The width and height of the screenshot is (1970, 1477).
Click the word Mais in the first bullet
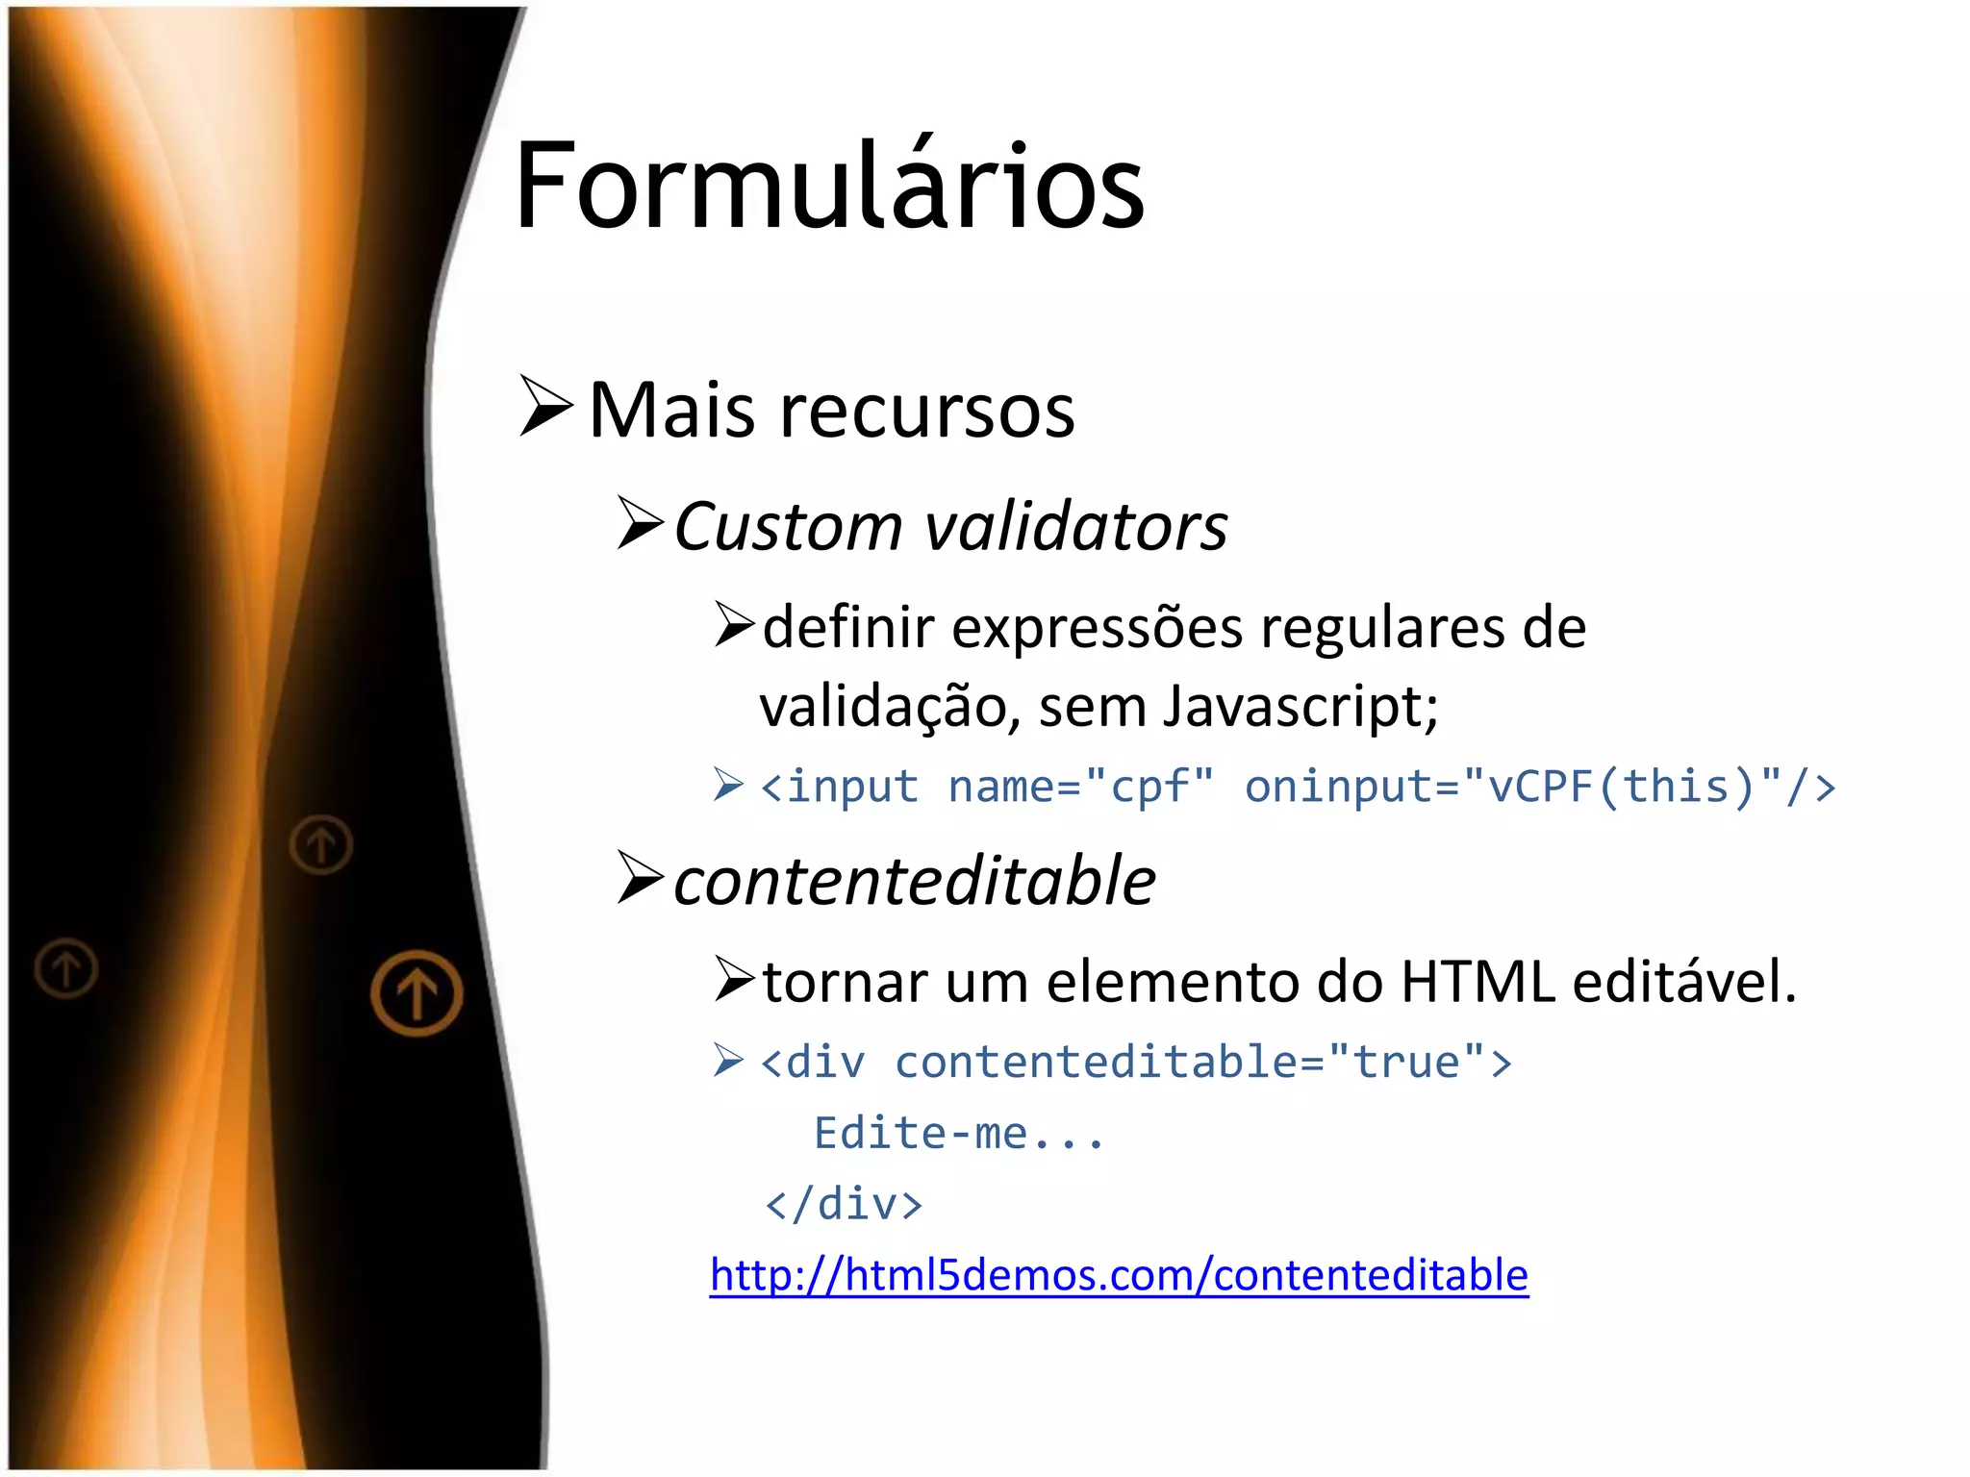tap(671, 411)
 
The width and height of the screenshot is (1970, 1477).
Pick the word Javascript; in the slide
tap(1301, 708)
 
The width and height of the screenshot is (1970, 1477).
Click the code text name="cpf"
tap(1080, 787)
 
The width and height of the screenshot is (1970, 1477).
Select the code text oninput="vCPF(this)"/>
tap(1539, 787)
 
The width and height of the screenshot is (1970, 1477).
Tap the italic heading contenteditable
tap(914, 881)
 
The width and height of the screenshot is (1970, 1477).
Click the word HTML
tap(1477, 982)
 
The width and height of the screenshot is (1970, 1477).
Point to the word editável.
tap(1684, 982)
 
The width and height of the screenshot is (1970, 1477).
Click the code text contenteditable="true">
tap(1202, 1063)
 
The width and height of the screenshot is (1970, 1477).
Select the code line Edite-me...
tap(958, 1134)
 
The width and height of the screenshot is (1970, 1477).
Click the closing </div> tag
tap(843, 1204)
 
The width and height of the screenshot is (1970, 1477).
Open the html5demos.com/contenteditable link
tap(1119, 1275)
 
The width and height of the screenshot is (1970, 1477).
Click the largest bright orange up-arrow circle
tap(417, 993)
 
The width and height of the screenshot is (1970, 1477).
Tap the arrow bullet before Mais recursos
tap(545, 406)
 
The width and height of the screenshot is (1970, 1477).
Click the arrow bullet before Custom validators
tap(640, 523)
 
